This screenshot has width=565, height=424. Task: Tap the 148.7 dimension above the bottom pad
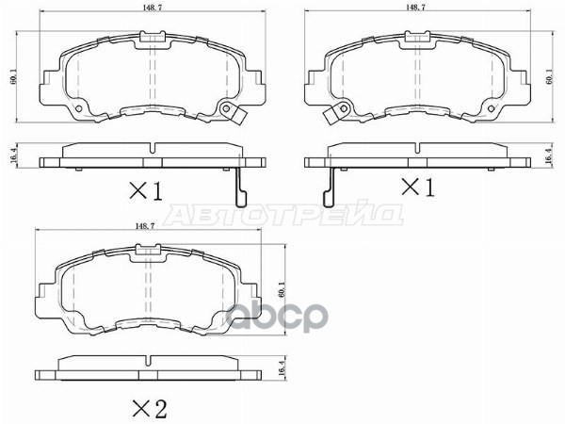(x=145, y=226)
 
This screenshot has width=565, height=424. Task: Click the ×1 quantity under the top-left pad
(x=146, y=192)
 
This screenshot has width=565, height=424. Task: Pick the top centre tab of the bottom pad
(x=145, y=250)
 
